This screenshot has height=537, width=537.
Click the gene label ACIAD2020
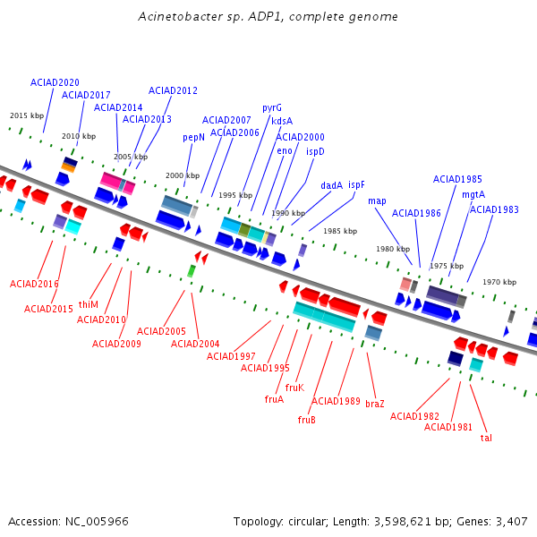[x=55, y=82]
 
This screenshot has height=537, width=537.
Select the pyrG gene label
[x=272, y=107]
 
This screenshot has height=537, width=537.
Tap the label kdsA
[x=282, y=121]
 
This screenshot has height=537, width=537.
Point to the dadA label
[x=332, y=185]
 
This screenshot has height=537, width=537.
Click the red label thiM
[x=89, y=304]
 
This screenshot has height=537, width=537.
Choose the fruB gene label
[x=306, y=420]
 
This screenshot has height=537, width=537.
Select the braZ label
[x=375, y=404]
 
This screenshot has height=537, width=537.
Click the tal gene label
[x=486, y=438]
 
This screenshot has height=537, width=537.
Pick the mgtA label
[x=473, y=194]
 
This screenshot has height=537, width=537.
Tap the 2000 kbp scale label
[x=183, y=175]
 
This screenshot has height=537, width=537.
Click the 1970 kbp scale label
[x=499, y=282]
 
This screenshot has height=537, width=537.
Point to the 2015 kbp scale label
[x=27, y=115]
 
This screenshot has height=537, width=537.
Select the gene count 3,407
[x=510, y=521]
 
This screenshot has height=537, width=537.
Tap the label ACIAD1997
[x=231, y=356]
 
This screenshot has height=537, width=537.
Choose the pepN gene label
[x=194, y=137]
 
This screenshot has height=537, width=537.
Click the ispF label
[x=357, y=184]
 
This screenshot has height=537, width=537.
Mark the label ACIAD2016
[x=34, y=284]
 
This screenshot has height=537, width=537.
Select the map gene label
[x=377, y=200]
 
